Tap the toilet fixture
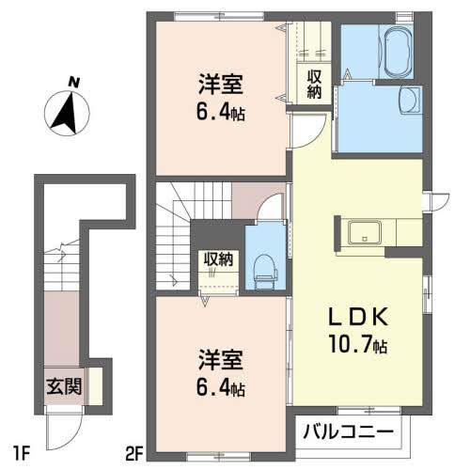click(x=266, y=271)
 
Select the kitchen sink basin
click(x=365, y=232)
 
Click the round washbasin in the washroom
click(x=409, y=100)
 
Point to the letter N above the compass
click(x=74, y=83)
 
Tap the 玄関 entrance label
click(x=64, y=386)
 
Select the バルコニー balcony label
click(x=348, y=432)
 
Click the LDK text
click(x=358, y=317)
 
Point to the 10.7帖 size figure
click(x=358, y=344)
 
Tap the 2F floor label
click(x=133, y=452)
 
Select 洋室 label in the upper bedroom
click(x=221, y=85)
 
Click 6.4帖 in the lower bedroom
click(x=221, y=386)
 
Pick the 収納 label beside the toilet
click(x=218, y=259)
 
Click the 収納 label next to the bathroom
click(x=314, y=84)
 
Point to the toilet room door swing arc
click(x=267, y=200)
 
